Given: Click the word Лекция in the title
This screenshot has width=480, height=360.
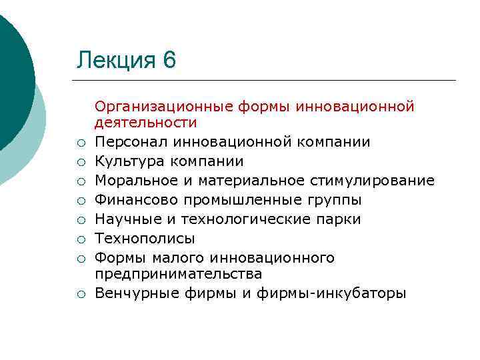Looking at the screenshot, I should (116, 61).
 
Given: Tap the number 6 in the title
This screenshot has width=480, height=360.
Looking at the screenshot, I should (169, 61).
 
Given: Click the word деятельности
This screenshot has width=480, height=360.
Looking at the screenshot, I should (145, 123).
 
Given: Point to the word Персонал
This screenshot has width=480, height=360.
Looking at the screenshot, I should (131, 142).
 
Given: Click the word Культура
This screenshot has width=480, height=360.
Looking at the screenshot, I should (127, 161).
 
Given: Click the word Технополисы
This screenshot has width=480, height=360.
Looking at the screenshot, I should (145, 239).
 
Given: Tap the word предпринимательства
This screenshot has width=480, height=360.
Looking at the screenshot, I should (178, 274).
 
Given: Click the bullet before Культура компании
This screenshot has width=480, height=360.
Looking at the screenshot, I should (79, 162).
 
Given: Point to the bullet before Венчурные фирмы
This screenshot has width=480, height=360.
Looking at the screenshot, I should (79, 294).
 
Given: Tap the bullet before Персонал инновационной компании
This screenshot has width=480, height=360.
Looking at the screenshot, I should (79, 143).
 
